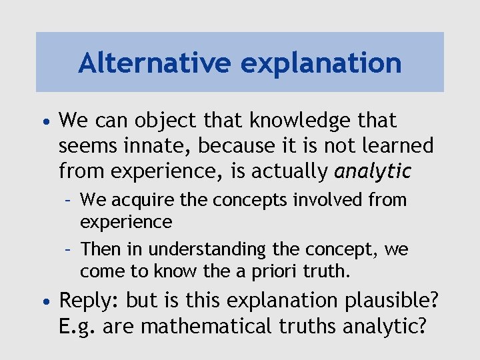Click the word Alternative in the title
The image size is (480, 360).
click(154, 63)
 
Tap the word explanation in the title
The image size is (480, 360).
click(321, 63)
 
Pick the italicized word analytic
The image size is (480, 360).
click(373, 171)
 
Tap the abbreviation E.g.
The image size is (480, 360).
click(77, 326)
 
